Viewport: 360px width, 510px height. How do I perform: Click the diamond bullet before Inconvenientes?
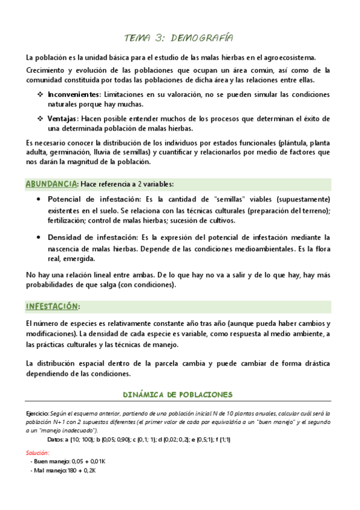click(x=40, y=95)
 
